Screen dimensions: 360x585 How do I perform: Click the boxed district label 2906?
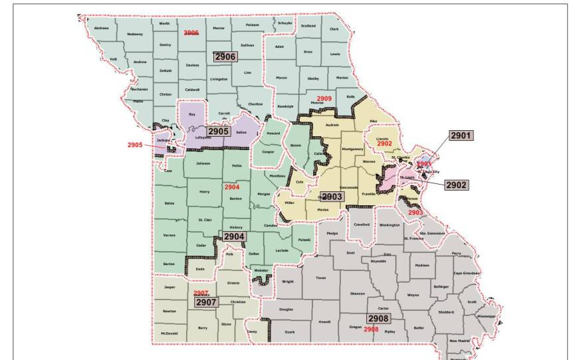click(225, 57)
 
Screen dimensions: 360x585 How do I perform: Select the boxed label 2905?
click(218, 132)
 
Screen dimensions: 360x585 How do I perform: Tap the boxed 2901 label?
click(461, 135)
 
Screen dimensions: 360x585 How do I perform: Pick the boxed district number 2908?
click(378, 318)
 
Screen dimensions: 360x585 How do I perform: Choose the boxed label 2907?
click(206, 302)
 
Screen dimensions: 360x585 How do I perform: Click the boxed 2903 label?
click(332, 197)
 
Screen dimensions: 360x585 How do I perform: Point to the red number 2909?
click(324, 98)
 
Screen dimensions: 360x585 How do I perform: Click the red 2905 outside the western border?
click(135, 144)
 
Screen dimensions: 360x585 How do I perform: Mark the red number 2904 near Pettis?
click(231, 187)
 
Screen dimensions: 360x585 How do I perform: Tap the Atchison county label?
click(101, 28)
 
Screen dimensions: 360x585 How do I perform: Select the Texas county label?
click(321, 278)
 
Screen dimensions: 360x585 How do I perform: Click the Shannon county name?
click(358, 293)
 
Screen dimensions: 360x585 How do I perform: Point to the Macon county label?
click(281, 78)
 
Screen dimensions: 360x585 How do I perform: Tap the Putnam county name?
click(252, 25)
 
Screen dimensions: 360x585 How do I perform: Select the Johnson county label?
click(202, 163)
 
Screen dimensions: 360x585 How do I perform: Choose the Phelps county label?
click(332, 234)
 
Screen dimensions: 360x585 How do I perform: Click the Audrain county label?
click(332, 124)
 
